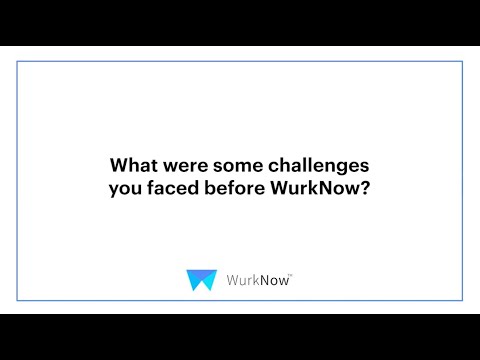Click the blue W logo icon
(201, 280)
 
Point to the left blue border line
(17, 180)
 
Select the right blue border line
(463, 180)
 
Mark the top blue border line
(240, 61)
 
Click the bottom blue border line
(240, 299)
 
